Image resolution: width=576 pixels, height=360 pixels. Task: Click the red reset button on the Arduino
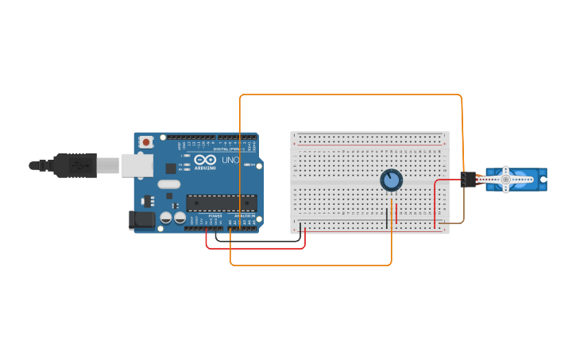[146, 142]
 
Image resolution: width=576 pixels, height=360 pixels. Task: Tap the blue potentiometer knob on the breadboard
[391, 180]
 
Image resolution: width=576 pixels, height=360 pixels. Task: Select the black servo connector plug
[468, 180]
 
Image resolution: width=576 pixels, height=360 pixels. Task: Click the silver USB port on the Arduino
[137, 165]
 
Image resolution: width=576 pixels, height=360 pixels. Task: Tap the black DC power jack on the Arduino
[142, 219]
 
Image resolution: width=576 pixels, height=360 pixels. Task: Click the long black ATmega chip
[222, 203]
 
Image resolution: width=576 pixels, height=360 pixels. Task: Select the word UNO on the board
[230, 161]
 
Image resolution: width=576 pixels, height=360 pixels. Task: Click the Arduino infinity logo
[205, 160]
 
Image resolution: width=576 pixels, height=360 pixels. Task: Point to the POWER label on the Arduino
[215, 215]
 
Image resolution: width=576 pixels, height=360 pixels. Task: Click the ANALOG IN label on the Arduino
[243, 215]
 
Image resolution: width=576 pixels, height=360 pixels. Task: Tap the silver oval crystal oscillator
[169, 184]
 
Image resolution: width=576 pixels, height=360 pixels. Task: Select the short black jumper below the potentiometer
[387, 216]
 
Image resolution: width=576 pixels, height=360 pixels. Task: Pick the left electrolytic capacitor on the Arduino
[166, 217]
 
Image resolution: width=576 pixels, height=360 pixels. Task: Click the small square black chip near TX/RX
[171, 168]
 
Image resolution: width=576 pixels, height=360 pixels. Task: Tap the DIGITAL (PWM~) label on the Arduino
[231, 148]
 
